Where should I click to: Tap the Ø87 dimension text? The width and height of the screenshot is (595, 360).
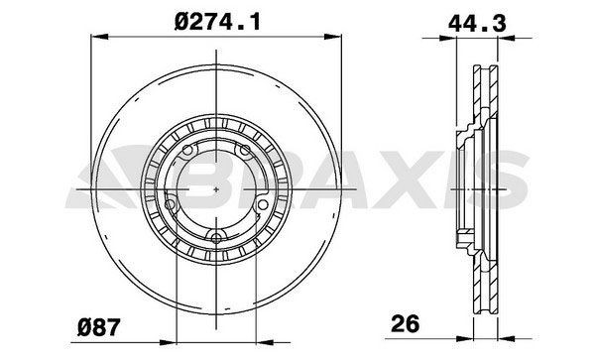tap(101, 322)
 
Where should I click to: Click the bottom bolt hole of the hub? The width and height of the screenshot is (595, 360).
tap(217, 235)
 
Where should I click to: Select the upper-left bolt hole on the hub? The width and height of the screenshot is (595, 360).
tap(188, 151)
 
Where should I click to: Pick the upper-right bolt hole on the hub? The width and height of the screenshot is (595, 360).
tap(246, 151)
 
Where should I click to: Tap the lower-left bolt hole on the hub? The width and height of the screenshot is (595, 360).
tap(171, 204)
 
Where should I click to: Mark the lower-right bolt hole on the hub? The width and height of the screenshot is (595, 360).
tap(264, 204)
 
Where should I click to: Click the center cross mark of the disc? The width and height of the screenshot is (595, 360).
tap(217, 187)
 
